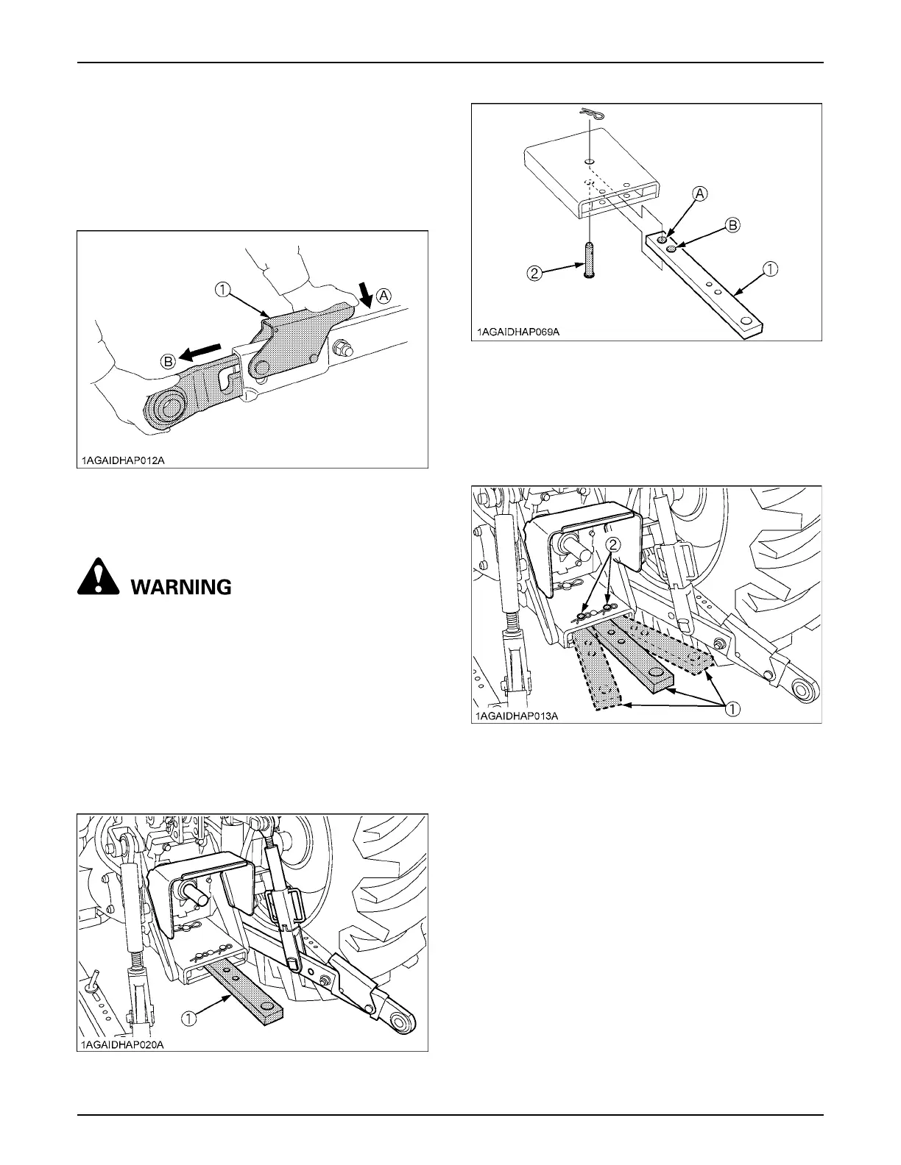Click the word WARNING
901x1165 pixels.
point(181,587)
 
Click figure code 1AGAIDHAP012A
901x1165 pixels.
point(124,460)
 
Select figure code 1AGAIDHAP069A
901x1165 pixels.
point(518,332)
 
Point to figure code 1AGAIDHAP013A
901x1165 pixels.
point(518,716)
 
